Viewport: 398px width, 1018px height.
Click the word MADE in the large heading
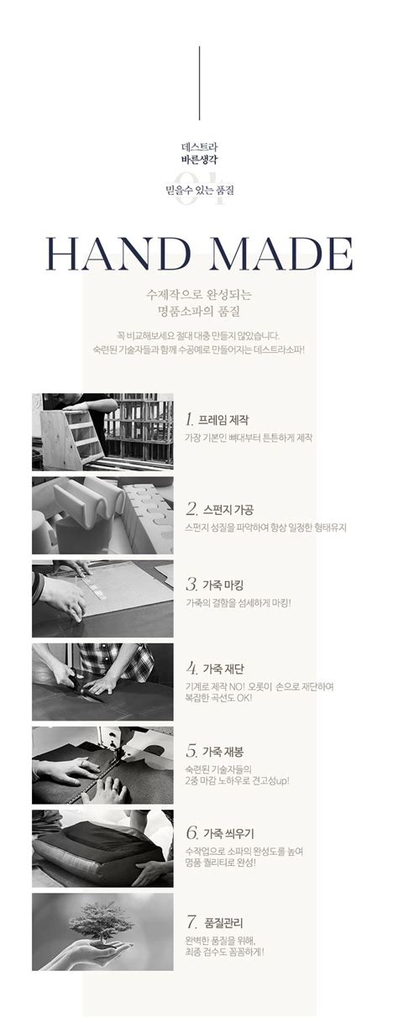tap(274, 251)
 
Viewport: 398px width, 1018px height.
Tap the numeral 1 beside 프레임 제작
tap(191, 418)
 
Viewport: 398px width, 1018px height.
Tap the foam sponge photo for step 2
tap(102, 515)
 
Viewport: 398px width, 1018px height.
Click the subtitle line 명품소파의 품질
tap(199, 312)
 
